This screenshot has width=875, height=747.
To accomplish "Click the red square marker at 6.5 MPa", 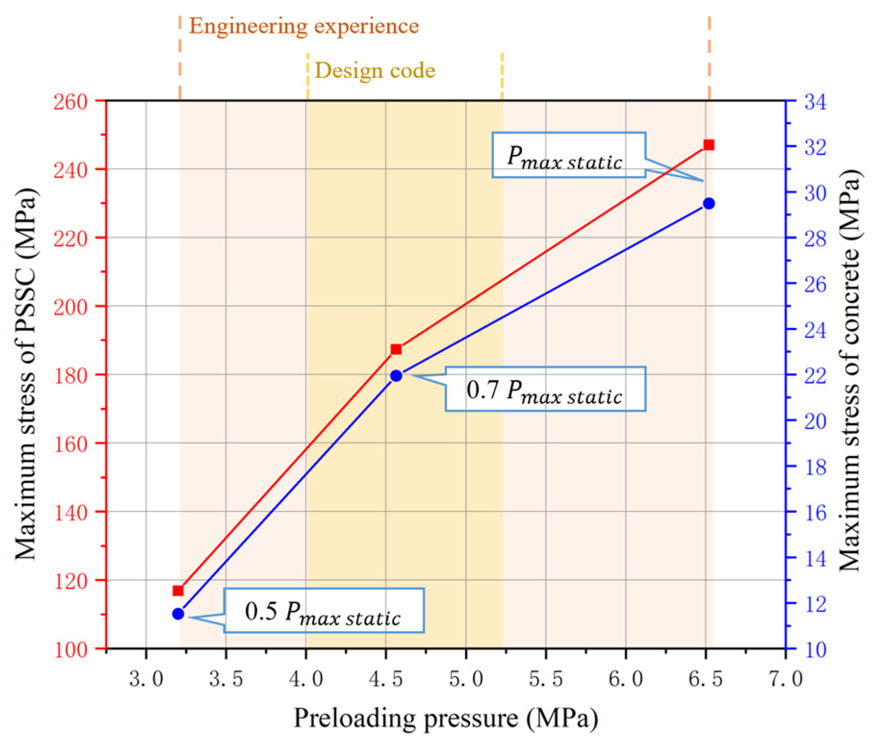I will click(x=709, y=145).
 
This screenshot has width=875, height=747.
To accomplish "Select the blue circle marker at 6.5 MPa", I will click(x=709, y=203).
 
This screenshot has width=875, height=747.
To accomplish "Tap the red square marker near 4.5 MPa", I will click(x=396, y=349).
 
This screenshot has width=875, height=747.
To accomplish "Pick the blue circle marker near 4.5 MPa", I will click(x=396, y=376).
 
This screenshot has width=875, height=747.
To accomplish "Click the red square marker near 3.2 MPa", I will click(x=178, y=591).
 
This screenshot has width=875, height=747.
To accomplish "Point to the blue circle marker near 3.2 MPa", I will click(x=178, y=614).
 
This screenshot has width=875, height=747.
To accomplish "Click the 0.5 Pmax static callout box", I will click(x=324, y=610).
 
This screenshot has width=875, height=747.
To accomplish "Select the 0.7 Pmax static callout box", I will click(x=545, y=389).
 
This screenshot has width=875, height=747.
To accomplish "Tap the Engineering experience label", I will click(x=304, y=26).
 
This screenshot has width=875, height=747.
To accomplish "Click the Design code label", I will click(x=375, y=71).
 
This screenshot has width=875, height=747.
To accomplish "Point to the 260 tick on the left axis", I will click(x=70, y=102).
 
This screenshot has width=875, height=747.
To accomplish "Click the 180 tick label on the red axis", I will click(x=70, y=376).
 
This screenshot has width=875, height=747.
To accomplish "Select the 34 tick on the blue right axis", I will click(x=815, y=102).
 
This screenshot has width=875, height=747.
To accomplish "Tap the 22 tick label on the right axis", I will click(x=815, y=376).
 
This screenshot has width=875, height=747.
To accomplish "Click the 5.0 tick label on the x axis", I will click(x=466, y=679).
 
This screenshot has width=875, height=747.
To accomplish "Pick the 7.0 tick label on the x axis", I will click(x=785, y=679).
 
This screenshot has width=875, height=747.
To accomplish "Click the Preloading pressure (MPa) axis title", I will click(x=446, y=719).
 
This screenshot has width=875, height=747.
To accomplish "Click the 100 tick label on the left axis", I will click(x=70, y=650).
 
